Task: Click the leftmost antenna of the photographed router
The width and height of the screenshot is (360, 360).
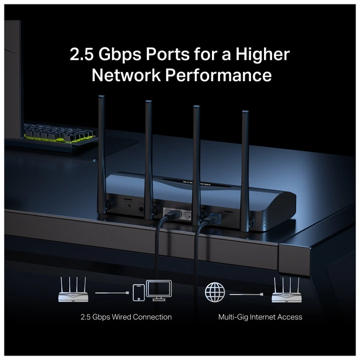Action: click(102, 154)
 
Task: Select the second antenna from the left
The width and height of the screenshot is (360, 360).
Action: click(149, 154)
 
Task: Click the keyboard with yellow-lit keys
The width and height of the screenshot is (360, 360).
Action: click(57, 136)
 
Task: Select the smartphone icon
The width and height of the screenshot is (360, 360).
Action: click(138, 293)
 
